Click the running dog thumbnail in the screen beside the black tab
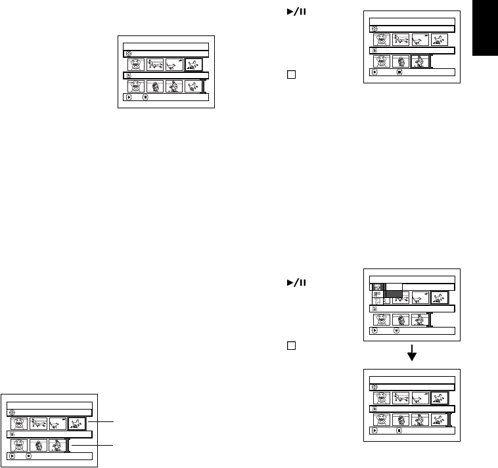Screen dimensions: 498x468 point(401,39)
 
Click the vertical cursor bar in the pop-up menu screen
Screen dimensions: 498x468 point(430,320)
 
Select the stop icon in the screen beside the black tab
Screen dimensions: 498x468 point(397,74)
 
